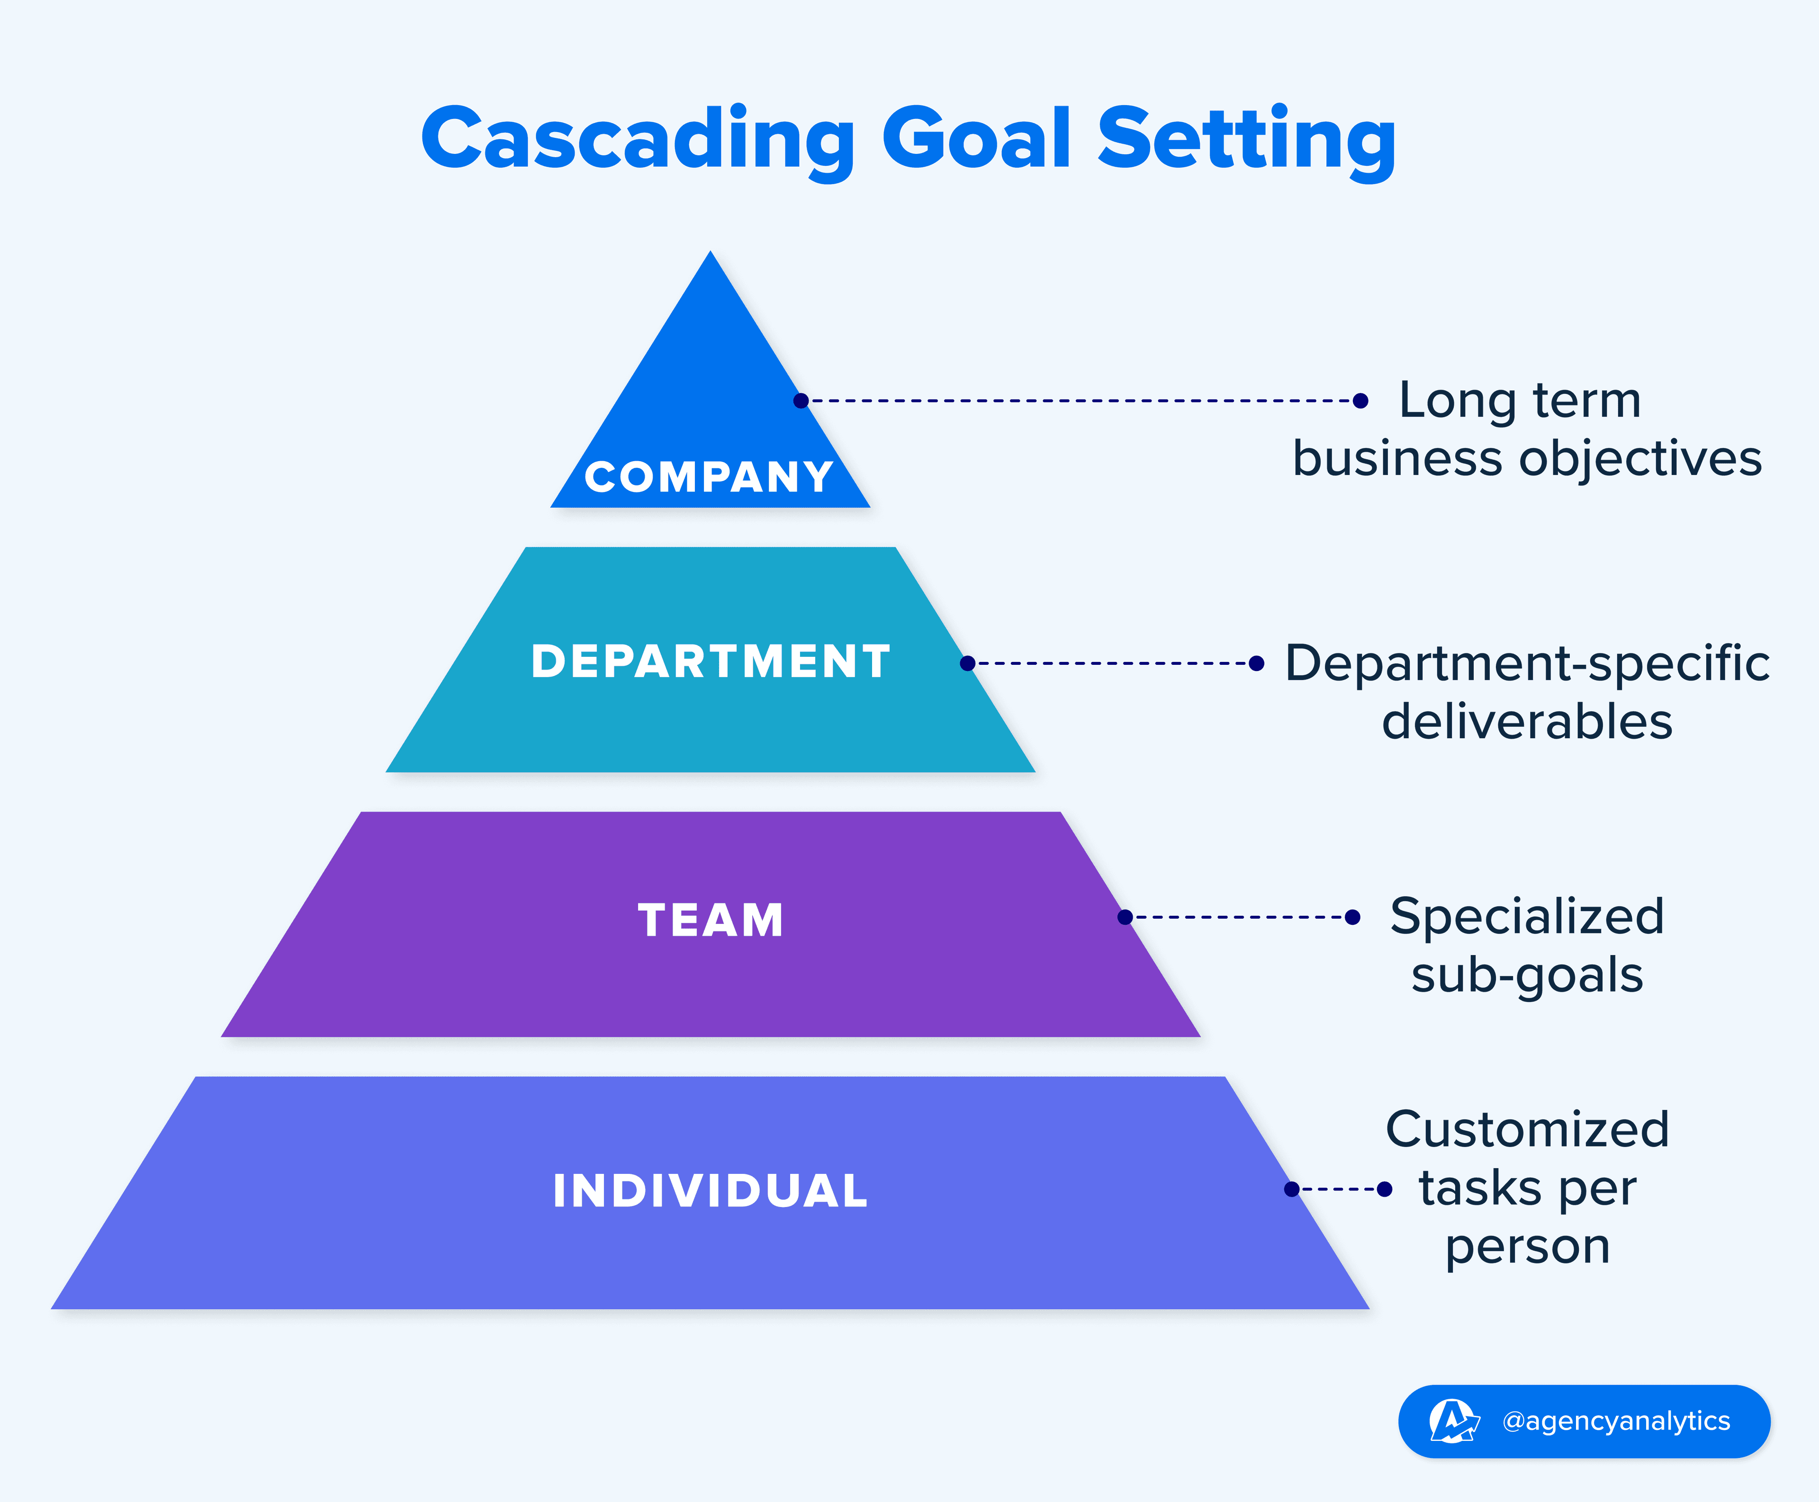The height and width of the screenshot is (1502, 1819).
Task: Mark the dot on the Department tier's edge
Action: pos(967,663)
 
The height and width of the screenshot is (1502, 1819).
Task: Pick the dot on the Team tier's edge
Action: pos(1125,917)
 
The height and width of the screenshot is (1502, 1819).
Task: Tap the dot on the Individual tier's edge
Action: pos(1292,1189)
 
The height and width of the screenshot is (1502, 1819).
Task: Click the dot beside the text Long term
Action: pos(1360,401)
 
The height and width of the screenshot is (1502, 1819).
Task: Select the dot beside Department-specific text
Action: pos(1257,663)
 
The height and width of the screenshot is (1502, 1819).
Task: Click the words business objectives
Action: pos(1527,458)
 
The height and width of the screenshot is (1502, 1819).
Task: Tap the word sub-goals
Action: pos(1527,976)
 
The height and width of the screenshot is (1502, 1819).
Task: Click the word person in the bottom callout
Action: pos(1527,1248)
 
